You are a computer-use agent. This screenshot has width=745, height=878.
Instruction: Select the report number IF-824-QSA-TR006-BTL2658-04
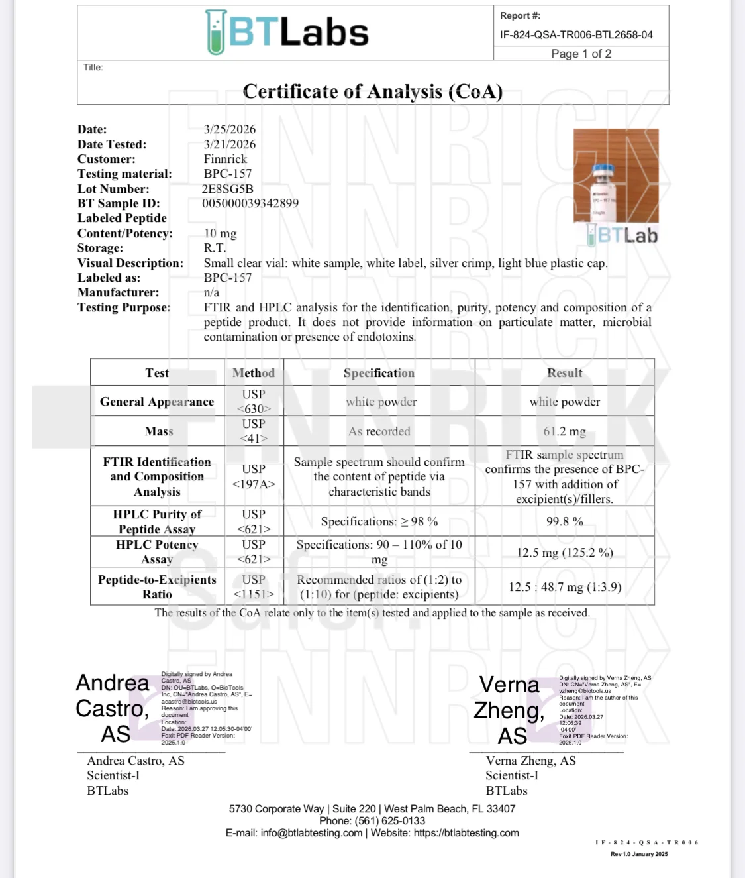pos(576,34)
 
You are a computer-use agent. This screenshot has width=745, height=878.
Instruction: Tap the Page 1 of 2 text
pos(581,54)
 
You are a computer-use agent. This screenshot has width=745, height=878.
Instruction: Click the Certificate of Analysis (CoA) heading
pos(373,91)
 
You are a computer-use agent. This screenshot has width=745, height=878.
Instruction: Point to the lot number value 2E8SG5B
pos(228,189)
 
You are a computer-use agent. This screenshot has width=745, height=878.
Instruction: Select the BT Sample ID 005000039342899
pos(250,203)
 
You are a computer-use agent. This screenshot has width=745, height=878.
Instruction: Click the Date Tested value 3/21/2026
pos(229,144)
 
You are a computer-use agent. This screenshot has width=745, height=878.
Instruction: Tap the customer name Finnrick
pos(225,159)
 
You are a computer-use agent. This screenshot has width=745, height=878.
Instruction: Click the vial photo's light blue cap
pos(604,170)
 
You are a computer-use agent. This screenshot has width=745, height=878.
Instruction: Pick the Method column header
pos(254,373)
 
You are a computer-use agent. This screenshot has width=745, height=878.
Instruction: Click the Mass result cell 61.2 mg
pos(564,431)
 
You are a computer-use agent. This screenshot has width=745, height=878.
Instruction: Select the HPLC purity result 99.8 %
pos(564,521)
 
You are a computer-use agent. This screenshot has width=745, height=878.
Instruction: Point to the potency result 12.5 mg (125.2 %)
pos(564,553)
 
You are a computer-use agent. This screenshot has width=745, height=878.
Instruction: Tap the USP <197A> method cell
pos(254,476)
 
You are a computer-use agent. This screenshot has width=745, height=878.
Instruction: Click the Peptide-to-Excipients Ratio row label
pos(157,587)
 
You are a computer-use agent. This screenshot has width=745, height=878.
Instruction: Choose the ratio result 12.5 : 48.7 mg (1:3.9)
pos(564,587)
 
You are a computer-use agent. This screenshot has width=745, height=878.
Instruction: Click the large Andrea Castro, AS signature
pos(113,708)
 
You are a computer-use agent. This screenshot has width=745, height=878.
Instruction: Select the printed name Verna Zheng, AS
pos(530,761)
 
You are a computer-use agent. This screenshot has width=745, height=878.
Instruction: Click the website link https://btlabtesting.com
pos(466,833)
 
